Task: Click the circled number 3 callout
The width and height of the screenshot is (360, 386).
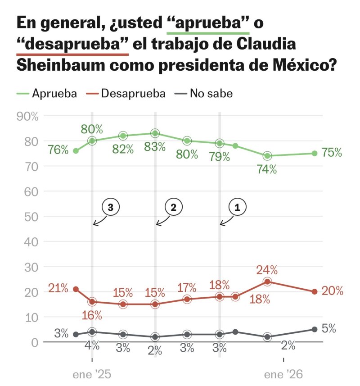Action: pyautogui.click(x=110, y=207)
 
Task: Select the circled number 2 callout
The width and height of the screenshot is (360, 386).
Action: pyautogui.click(x=173, y=207)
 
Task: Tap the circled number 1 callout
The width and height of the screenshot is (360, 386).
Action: pyautogui.click(x=238, y=207)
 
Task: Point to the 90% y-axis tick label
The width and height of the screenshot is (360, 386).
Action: pyautogui.click(x=27, y=116)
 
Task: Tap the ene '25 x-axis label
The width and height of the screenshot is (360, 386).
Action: pyautogui.click(x=92, y=374)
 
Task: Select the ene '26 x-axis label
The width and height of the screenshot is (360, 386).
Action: pyautogui.click(x=283, y=374)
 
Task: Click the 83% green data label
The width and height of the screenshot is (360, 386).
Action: pyautogui.click(x=155, y=147)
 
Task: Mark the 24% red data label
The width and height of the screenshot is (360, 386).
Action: pyautogui.click(x=267, y=270)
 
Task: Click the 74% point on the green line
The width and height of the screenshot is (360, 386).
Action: pyautogui.click(x=267, y=156)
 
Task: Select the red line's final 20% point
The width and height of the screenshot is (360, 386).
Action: pyautogui.click(x=314, y=291)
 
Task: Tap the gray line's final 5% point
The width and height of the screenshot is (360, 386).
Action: pyautogui.click(x=314, y=329)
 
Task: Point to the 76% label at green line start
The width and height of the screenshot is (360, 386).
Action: pyautogui.click(x=58, y=150)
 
